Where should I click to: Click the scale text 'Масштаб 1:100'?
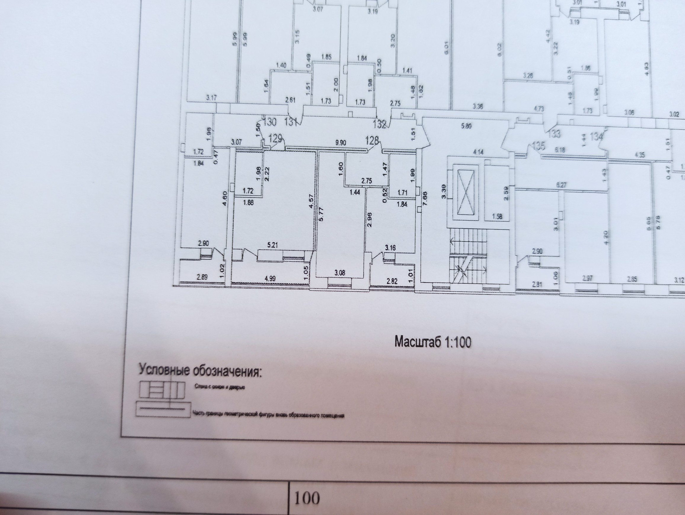tap(432, 342)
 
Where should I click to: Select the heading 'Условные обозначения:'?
tap(200, 371)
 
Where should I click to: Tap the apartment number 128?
tap(372, 140)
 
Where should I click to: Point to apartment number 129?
tap(275, 138)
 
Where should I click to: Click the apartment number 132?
tap(380, 124)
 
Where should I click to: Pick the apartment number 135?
tap(539, 146)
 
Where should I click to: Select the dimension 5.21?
tap(273, 245)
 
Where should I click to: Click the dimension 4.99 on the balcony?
tap(270, 278)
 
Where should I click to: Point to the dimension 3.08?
tap(339, 273)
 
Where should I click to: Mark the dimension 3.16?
tap(390, 247)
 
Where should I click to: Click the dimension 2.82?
tap(392, 281)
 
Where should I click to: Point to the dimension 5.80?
tap(466, 126)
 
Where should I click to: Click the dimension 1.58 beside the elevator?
tap(497, 216)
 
